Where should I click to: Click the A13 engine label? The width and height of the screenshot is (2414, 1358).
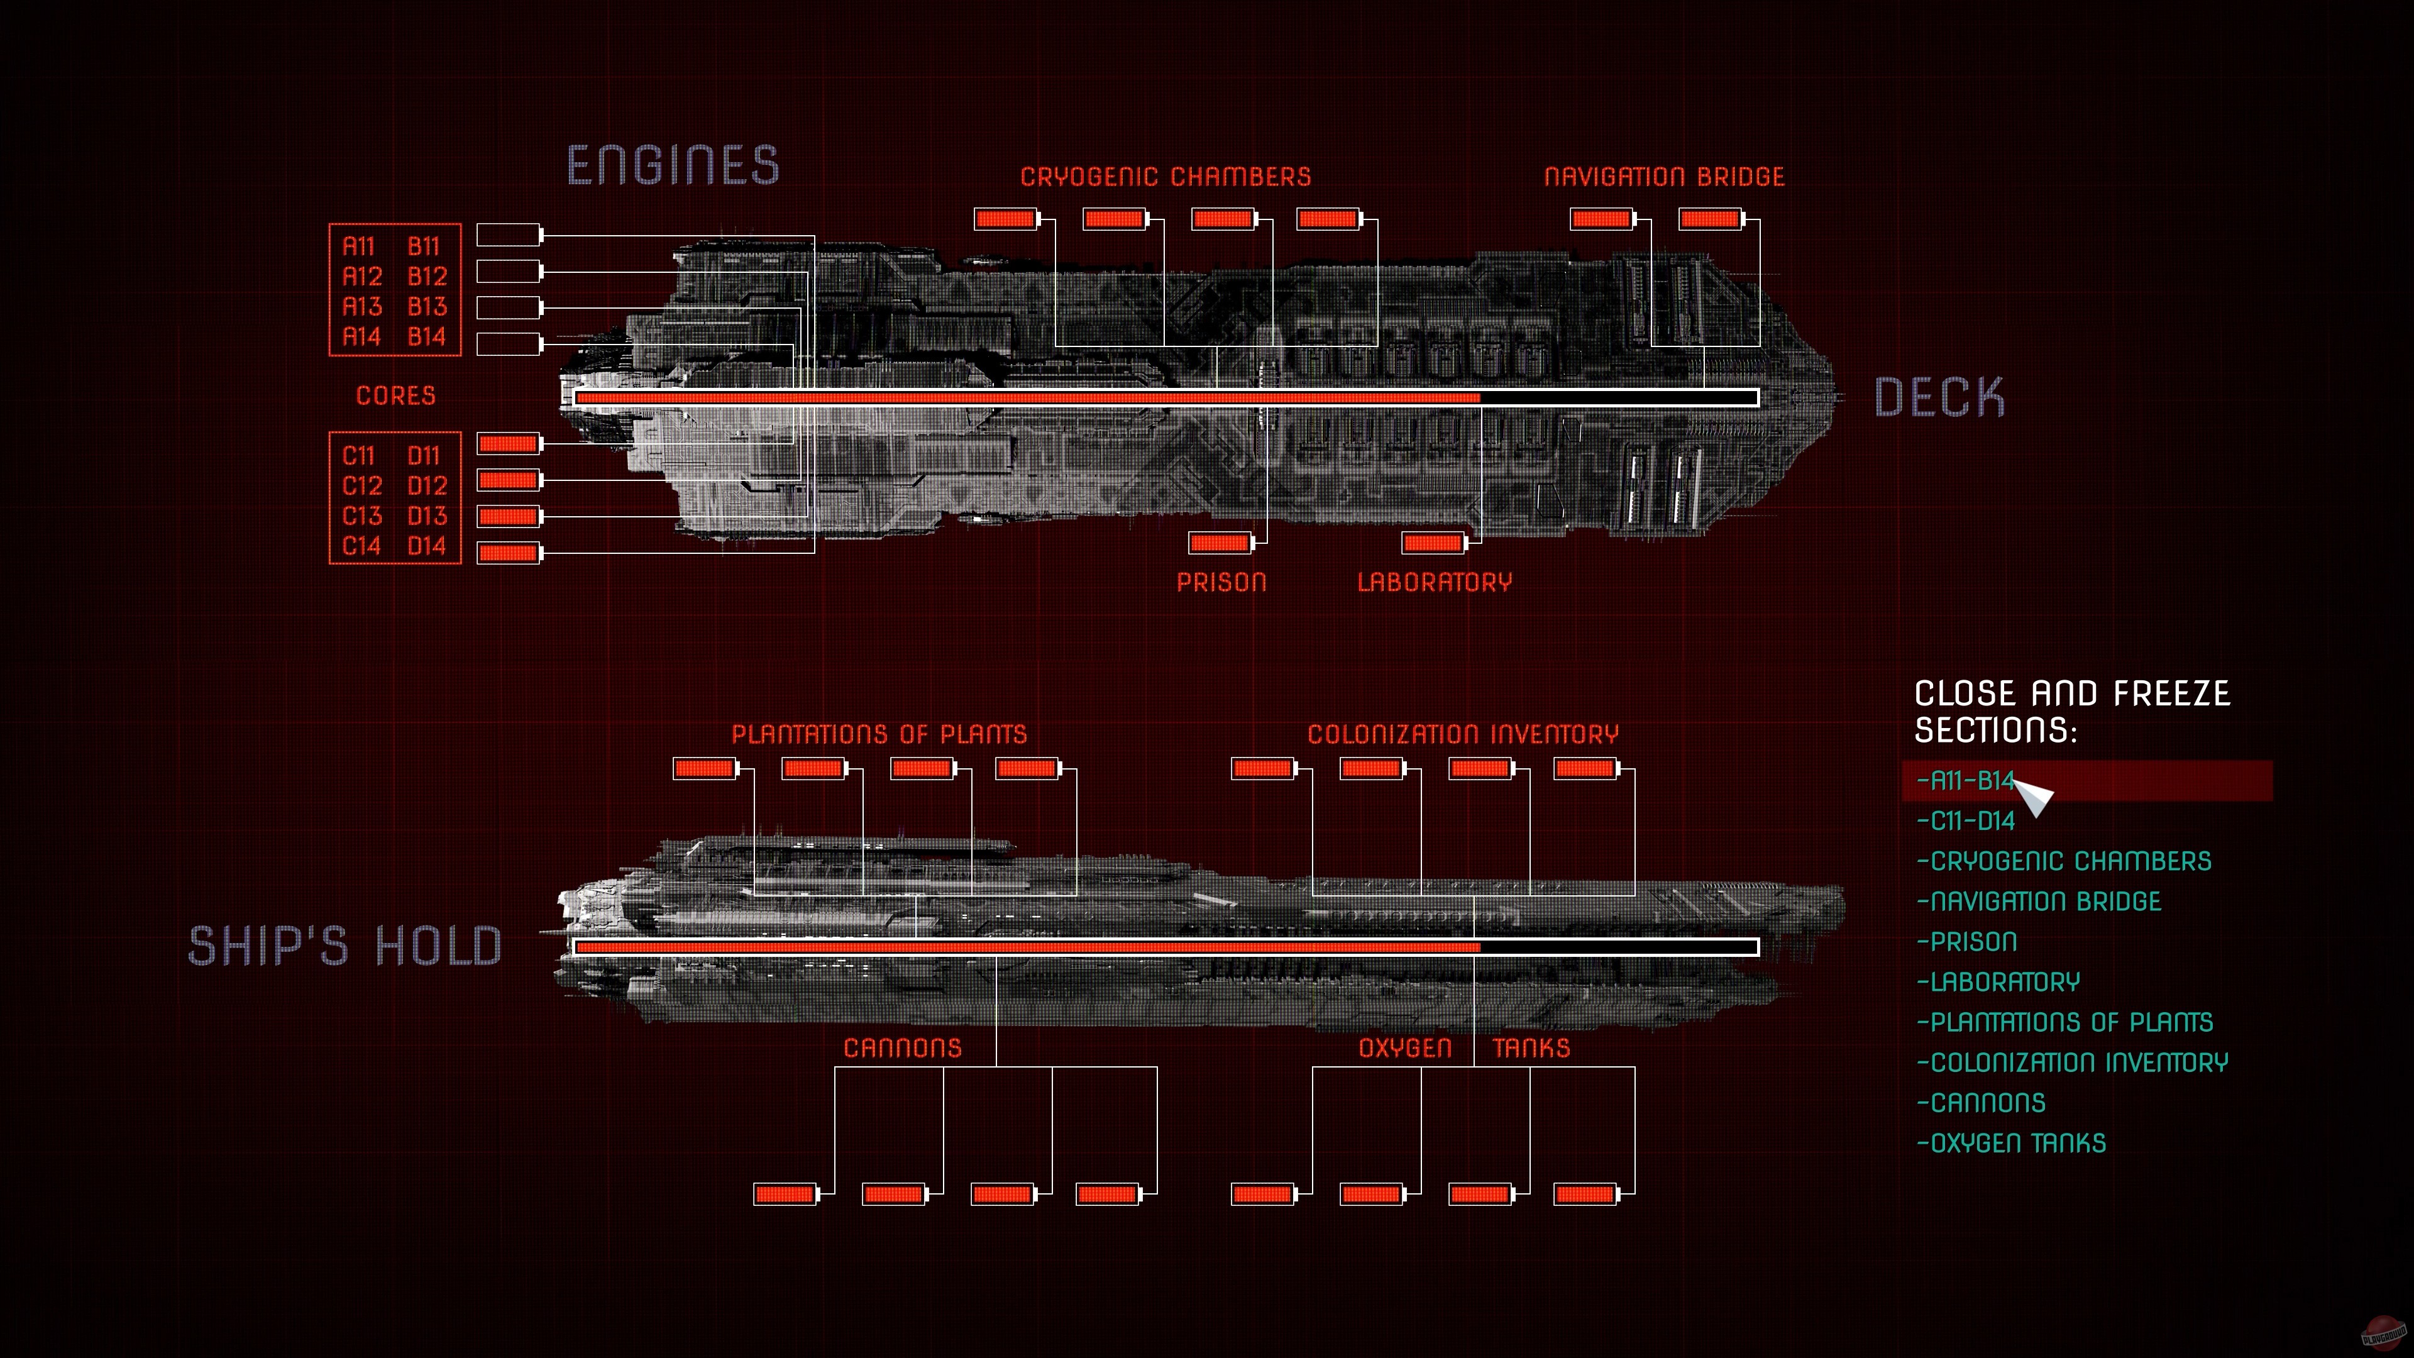pos(361,306)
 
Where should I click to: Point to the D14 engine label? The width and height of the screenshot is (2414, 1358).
pos(427,546)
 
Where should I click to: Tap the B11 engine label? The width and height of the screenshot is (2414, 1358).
pos(424,246)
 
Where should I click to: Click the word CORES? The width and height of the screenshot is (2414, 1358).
pos(395,395)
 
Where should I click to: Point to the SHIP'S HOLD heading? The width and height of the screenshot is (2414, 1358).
pos(345,946)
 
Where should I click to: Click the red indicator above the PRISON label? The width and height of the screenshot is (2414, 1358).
pos(1219,543)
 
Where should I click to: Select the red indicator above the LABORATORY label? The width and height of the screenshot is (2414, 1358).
pos(1433,543)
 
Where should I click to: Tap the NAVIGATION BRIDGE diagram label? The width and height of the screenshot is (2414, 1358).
pos(1664,177)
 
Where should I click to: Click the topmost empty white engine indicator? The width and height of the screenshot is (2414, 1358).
pos(509,235)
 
